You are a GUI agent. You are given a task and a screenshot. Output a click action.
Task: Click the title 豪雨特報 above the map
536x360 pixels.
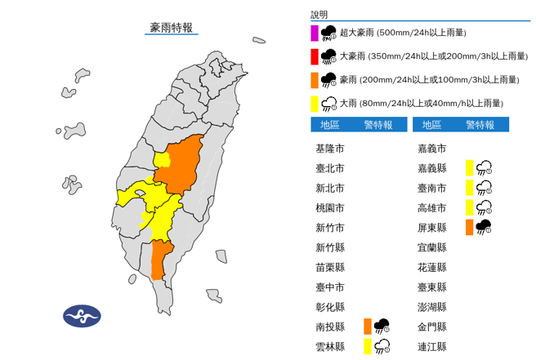click(x=172, y=28)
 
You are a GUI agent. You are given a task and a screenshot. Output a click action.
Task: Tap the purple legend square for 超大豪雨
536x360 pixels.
click(x=315, y=33)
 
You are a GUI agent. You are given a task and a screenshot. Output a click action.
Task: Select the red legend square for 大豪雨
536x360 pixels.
click(x=315, y=56)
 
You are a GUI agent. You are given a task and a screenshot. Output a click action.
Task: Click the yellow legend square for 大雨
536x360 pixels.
click(x=315, y=104)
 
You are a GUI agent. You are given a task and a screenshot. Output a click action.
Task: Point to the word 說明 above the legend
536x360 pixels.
click(x=319, y=15)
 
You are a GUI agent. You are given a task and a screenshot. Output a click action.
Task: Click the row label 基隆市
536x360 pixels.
click(x=329, y=149)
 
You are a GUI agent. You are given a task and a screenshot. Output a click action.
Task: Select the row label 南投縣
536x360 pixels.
click(x=329, y=327)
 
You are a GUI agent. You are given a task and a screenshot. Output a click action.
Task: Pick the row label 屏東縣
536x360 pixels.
click(x=431, y=228)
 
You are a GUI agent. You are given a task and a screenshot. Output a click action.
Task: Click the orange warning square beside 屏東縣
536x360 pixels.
click(x=469, y=228)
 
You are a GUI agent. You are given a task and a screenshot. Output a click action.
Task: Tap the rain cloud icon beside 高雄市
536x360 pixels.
click(x=484, y=207)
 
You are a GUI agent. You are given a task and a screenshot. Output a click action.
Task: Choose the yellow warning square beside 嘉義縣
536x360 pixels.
click(x=469, y=168)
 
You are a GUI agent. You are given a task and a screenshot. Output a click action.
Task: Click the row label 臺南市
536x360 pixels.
click(x=431, y=188)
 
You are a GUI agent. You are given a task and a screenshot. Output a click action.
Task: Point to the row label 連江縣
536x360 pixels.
click(x=431, y=346)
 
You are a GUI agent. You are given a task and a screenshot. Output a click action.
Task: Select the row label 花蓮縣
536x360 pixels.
click(x=431, y=267)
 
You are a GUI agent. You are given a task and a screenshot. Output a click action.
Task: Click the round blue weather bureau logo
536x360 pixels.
click(x=82, y=316)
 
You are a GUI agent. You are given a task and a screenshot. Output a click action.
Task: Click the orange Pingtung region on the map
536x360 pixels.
click(x=162, y=260)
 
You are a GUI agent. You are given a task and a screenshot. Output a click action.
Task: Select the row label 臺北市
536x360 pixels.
click(x=329, y=168)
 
